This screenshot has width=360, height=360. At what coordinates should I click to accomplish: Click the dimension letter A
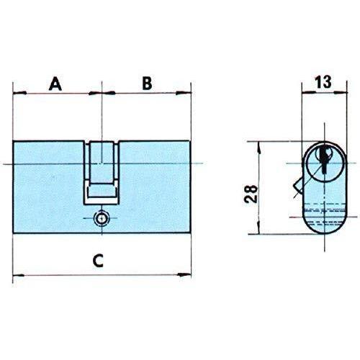pos(55,84)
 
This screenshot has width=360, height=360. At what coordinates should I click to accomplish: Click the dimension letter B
pos(147,83)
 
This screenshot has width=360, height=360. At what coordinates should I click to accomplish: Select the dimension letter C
pos(98,261)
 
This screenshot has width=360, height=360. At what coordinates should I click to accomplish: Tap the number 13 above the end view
pos(323,82)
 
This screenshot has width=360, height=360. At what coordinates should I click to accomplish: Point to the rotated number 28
pos(251,194)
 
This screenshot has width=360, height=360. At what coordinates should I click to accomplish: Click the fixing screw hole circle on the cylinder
pos(102,218)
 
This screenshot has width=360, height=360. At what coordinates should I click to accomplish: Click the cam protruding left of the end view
pos(297,186)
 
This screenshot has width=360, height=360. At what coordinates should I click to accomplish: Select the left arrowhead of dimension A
pos(19,93)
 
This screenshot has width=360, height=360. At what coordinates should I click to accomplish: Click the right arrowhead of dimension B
pos(184,93)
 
